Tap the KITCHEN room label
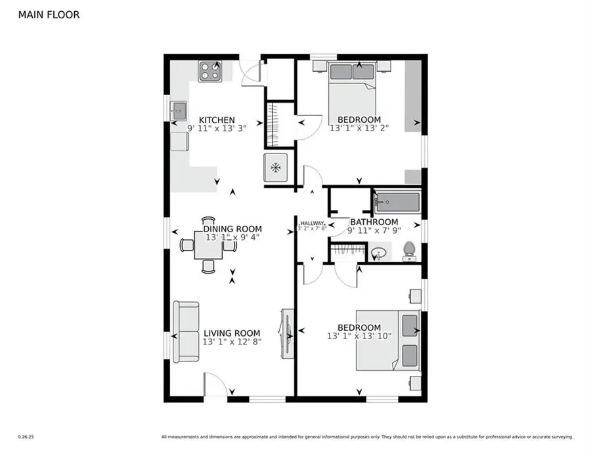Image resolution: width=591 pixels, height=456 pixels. tap(217, 120)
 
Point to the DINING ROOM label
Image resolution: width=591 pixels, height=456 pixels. tap(232, 229)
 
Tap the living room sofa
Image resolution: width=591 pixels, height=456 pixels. tap(186, 332)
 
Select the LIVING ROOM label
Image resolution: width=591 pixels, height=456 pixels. tap(231, 333)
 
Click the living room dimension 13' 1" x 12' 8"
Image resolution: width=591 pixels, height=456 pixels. tap(232, 342)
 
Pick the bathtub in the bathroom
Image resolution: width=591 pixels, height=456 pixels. tap(396, 201)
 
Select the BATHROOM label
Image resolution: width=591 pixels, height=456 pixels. tap(374, 222)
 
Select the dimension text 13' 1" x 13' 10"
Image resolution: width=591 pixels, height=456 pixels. tap(359, 337)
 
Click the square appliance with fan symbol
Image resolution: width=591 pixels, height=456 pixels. tap(275, 167)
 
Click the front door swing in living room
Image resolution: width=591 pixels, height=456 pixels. tap(215, 384)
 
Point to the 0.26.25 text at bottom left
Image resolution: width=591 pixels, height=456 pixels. tap(25, 436)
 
